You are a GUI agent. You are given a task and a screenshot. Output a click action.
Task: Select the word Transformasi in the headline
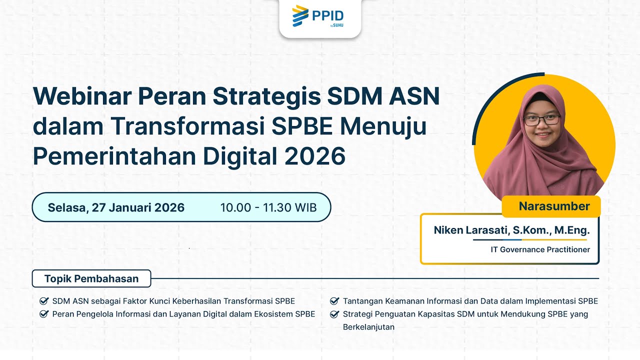click(188, 126)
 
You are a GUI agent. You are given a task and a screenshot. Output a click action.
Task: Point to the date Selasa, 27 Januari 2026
click(116, 207)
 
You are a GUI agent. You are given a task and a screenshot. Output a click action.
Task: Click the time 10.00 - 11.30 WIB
click(268, 207)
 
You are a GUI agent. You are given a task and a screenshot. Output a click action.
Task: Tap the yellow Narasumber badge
click(554, 206)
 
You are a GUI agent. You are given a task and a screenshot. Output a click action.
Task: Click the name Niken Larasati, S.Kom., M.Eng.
click(511, 230)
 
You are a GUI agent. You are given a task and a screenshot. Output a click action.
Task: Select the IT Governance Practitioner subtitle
click(540, 249)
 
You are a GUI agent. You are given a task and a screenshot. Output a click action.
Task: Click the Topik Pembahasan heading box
click(91, 278)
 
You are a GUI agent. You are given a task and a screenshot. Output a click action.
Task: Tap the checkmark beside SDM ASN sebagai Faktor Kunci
click(43, 301)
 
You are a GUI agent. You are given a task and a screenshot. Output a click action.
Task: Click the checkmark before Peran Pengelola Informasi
click(43, 314)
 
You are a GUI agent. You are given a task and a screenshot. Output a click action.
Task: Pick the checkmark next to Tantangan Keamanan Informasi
click(334, 301)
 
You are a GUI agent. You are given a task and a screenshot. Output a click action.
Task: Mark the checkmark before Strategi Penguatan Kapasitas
click(334, 314)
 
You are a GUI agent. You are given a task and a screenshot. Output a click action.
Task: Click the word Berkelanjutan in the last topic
click(368, 327)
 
